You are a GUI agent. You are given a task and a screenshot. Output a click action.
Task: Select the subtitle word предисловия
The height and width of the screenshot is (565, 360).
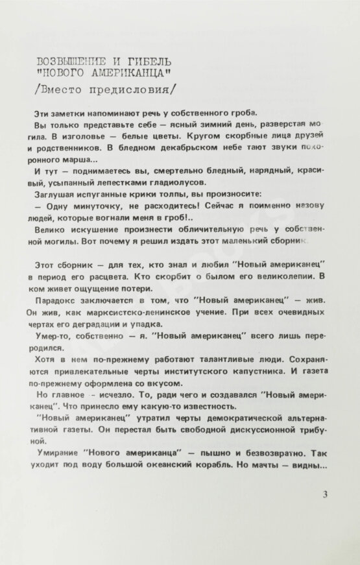click(134, 87)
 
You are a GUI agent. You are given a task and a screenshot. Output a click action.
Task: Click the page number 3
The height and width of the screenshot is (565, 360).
click(325, 495)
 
